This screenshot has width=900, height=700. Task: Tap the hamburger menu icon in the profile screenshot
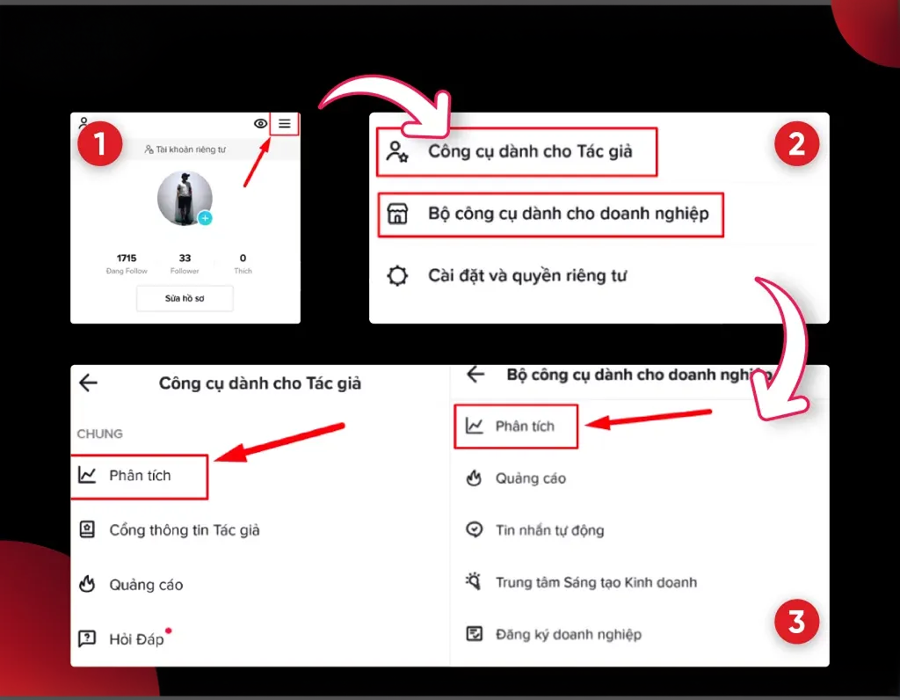coord(285,123)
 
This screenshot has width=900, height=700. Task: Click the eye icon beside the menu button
coord(260,123)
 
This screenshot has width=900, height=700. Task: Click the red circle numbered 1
coord(100,143)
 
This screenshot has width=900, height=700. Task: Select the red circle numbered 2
coord(796,143)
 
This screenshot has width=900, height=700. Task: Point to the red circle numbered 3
coord(796,622)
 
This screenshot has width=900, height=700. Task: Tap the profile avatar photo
coord(185,198)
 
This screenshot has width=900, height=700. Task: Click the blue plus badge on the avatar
coord(205,218)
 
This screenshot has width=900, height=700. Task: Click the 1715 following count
coord(127,258)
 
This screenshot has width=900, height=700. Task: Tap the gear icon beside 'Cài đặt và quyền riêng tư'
coord(397,275)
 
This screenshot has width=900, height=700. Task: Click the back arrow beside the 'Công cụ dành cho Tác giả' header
coord(89,383)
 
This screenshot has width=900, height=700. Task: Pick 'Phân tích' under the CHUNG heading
coord(140,476)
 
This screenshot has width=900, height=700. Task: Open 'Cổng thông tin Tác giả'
coord(185,530)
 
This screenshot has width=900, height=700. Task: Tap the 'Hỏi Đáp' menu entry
coord(136,639)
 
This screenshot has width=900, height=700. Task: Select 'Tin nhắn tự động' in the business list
coord(549,530)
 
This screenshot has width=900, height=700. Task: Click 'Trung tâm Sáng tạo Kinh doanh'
coord(596,582)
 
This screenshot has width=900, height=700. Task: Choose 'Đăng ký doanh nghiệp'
coord(569,635)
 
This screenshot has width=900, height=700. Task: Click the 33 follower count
coord(185,258)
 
